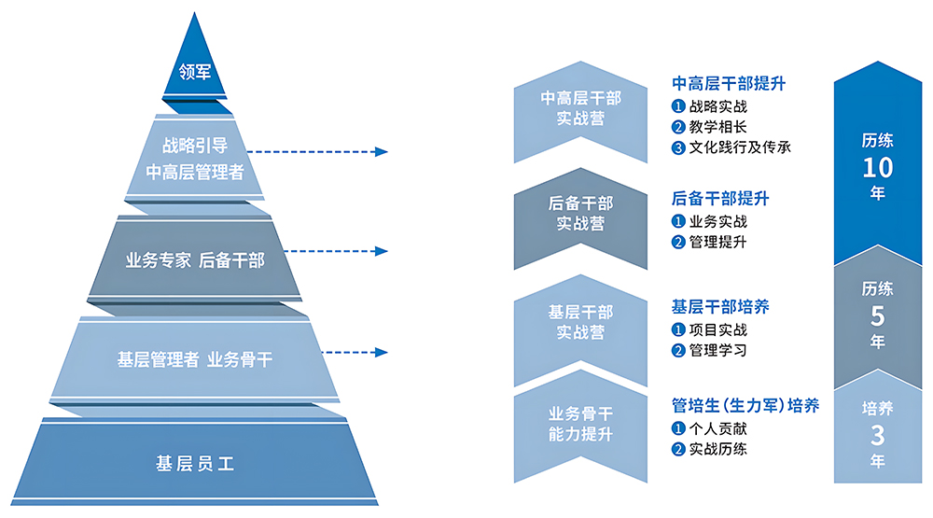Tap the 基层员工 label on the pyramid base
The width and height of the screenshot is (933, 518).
(x=194, y=461)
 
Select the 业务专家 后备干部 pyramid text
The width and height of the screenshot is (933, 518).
(x=195, y=260)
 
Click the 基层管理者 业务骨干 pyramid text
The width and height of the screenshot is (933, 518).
(x=195, y=359)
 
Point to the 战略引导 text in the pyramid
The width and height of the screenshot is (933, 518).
(x=195, y=146)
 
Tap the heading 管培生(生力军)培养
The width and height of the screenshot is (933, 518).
(x=745, y=405)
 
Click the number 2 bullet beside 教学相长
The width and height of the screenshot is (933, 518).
(x=678, y=127)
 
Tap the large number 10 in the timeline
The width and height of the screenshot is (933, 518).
(x=877, y=168)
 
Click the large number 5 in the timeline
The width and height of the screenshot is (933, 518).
(x=877, y=315)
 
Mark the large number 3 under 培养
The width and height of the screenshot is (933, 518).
(x=877, y=434)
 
